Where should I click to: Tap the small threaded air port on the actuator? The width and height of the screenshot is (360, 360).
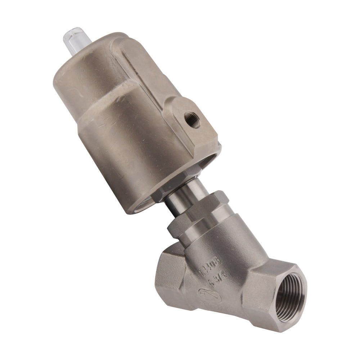191,120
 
